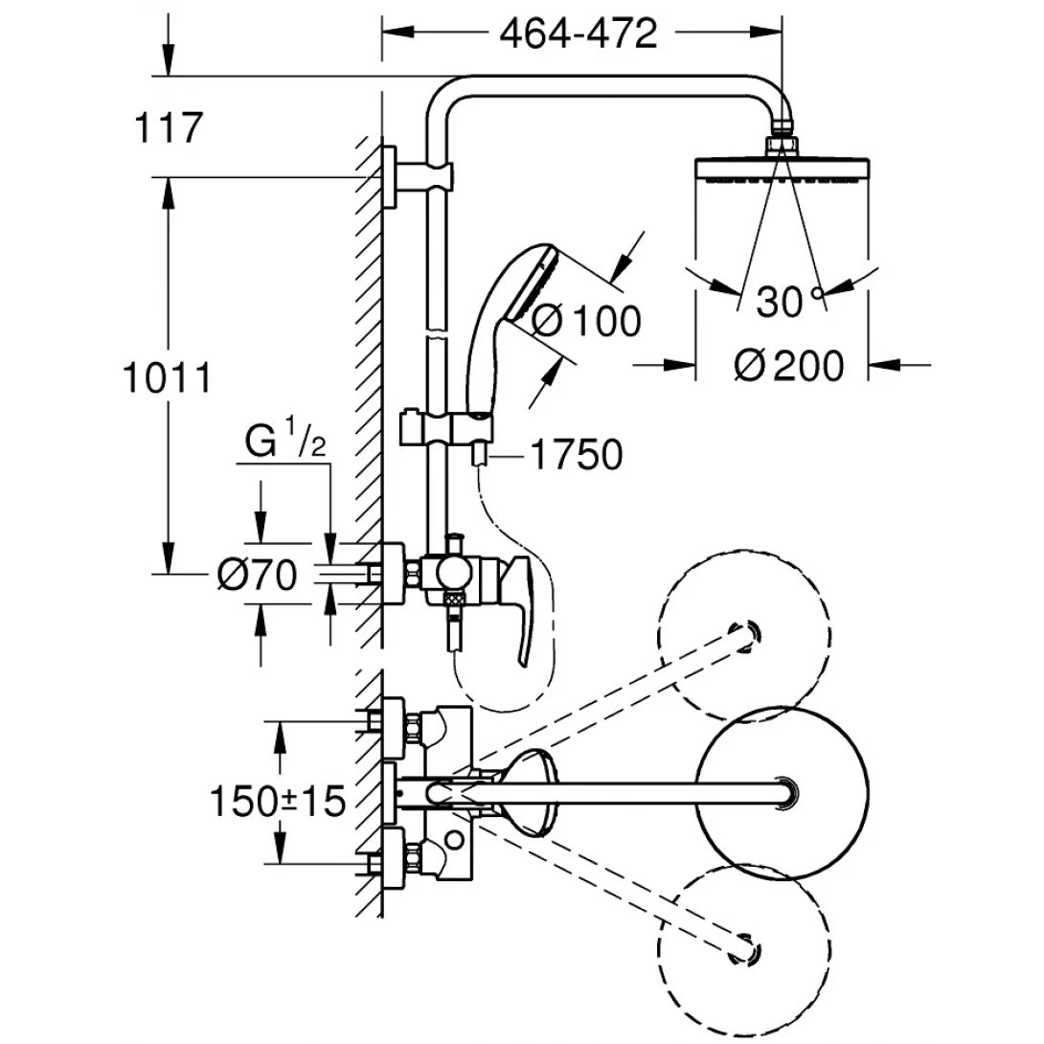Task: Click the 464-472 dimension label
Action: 579,34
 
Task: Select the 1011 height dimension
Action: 167,378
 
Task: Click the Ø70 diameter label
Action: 258,575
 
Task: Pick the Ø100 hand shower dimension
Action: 585,321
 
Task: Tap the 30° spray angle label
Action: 789,303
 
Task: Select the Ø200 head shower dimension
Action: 789,365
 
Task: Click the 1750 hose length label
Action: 576,456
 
